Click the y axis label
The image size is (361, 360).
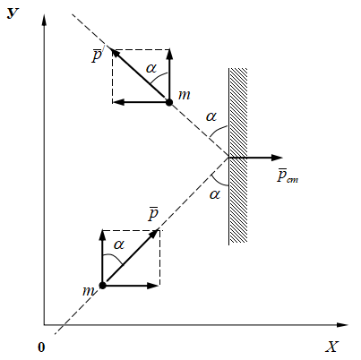pyautogui.click(x=13, y=13)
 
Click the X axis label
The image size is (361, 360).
pyautogui.click(x=331, y=347)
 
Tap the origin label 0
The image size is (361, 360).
pyautogui.click(x=41, y=347)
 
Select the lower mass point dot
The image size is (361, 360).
pyautogui.click(x=102, y=286)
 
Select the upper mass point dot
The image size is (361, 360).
pyautogui.click(x=169, y=102)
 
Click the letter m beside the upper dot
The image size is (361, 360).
pyautogui.click(x=184, y=95)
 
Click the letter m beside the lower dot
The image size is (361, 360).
pyautogui.click(x=89, y=290)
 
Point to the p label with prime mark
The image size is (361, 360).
pyautogui.click(x=98, y=55)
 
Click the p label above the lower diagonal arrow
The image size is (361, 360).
pyautogui.click(x=153, y=213)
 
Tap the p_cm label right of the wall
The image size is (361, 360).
pyautogui.click(x=288, y=176)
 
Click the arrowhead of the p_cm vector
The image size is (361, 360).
pyautogui.click(x=277, y=158)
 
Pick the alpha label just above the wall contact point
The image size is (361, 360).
pyautogui.click(x=211, y=116)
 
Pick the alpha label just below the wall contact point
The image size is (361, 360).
pyautogui.click(x=215, y=194)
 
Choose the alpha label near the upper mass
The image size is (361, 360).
pyautogui.click(x=151, y=68)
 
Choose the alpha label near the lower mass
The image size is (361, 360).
pyautogui.click(x=119, y=244)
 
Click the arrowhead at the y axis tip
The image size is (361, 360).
pyautogui.click(x=44, y=20)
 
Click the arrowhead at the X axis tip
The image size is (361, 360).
pyautogui.click(x=342, y=325)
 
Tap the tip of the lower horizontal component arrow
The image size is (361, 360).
pyautogui.click(x=159, y=286)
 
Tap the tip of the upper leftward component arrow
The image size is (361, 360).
pyautogui.click(x=114, y=102)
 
